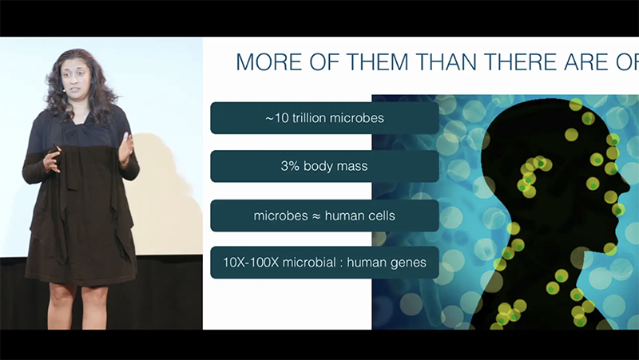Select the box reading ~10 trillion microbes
[x=324, y=118]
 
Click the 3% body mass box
[x=324, y=167]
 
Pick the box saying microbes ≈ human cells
[x=324, y=216]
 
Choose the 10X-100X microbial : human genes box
[x=324, y=263]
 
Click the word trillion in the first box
[x=315, y=118]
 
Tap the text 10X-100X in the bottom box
[x=251, y=263]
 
